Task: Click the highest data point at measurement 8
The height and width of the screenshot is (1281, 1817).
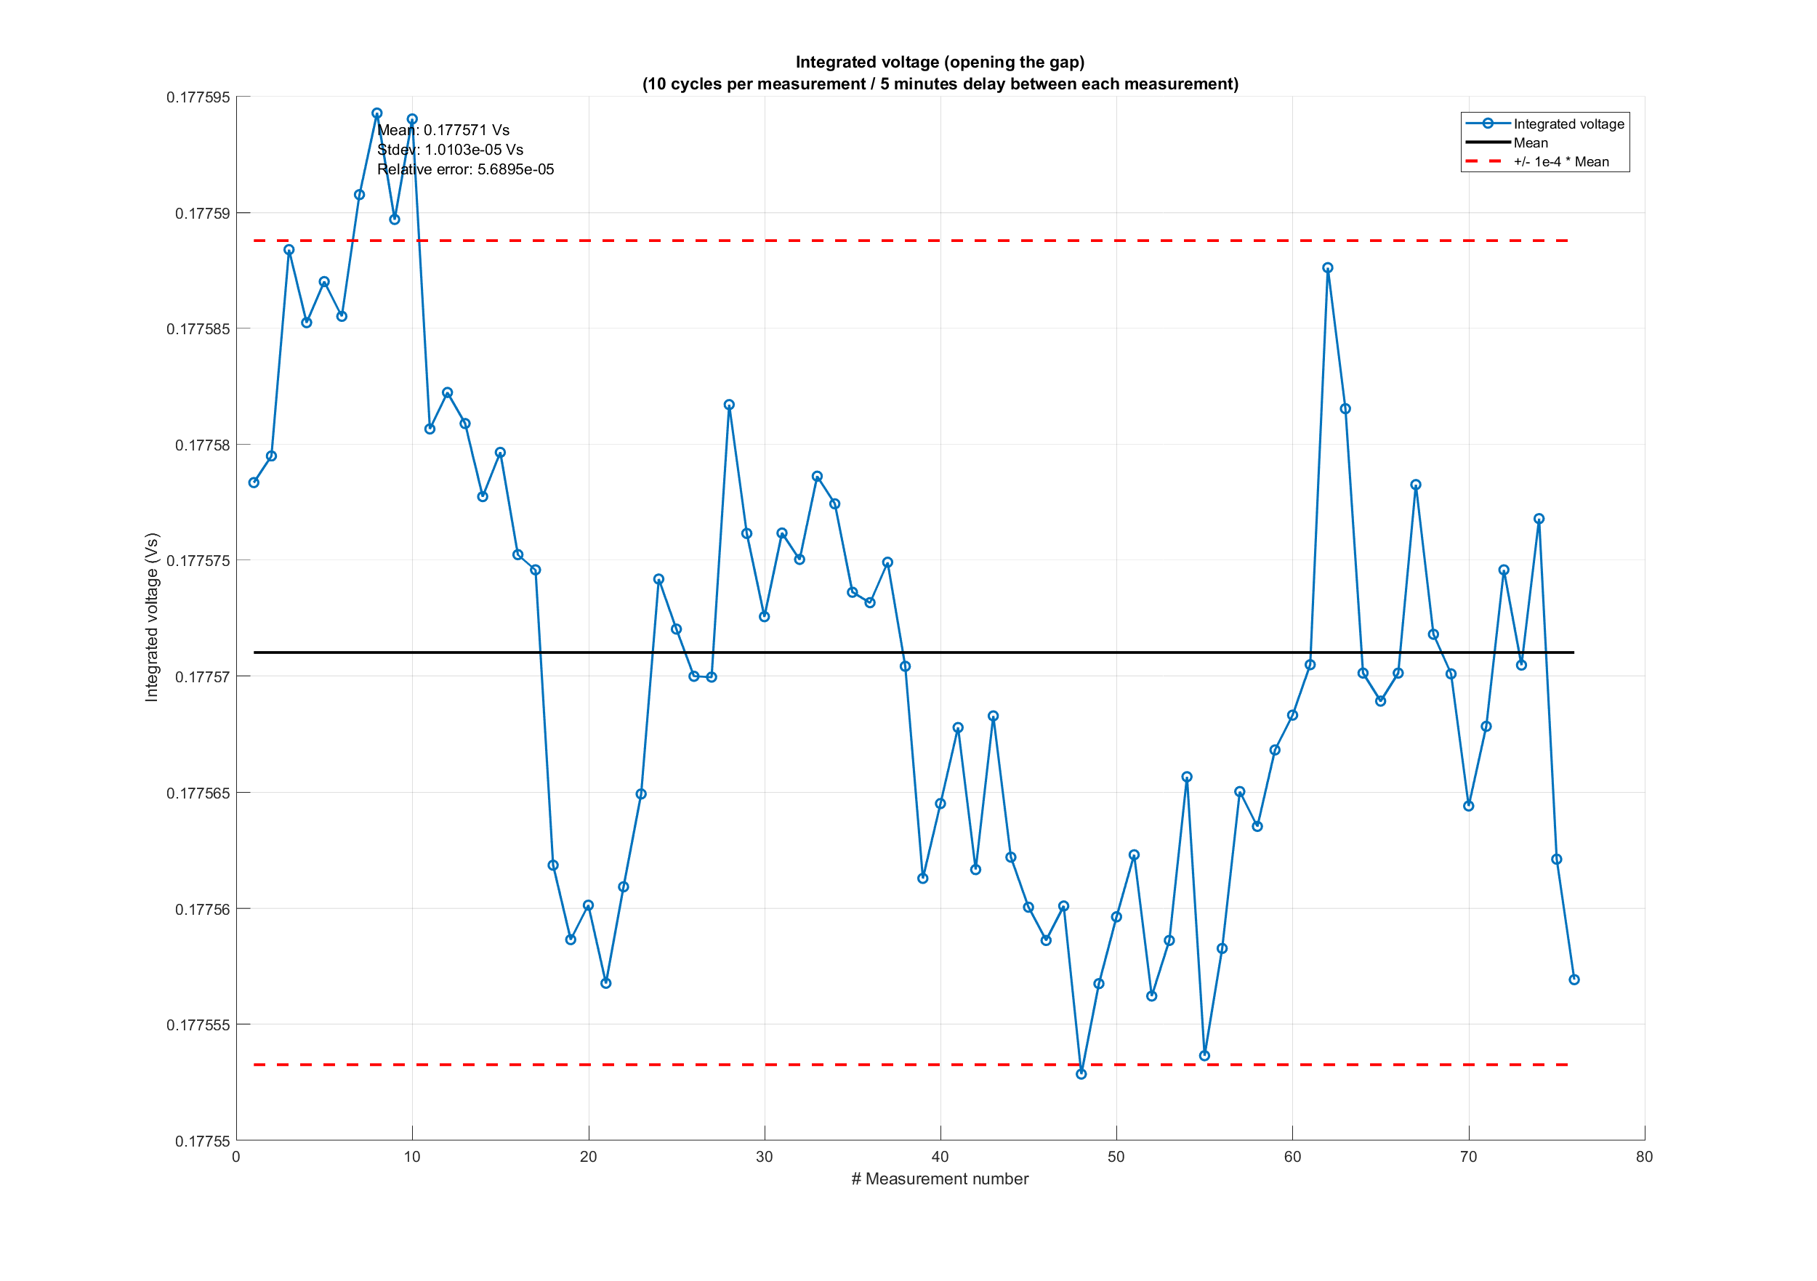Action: (376, 113)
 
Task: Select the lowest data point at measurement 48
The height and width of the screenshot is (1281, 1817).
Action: (1081, 1074)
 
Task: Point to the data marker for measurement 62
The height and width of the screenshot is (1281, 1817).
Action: (1327, 267)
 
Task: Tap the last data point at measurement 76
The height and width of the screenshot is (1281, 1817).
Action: (1574, 979)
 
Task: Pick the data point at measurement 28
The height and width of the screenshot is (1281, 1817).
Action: (729, 404)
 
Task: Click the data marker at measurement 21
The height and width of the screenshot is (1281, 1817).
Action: (605, 982)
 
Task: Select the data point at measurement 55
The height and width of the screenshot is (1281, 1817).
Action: (1204, 1056)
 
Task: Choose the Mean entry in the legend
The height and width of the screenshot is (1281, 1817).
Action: (1531, 143)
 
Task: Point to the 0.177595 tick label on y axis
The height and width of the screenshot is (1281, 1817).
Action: (198, 97)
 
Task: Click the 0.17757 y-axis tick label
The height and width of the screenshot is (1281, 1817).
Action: (202, 677)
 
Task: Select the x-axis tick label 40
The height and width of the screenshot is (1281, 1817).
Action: (940, 1157)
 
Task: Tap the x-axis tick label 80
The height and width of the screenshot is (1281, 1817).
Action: (1645, 1157)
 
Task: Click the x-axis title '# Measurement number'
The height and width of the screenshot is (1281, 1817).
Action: (940, 1179)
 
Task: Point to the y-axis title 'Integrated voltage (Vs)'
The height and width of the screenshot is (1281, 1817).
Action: (151, 617)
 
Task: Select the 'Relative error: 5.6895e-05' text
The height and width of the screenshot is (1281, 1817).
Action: (465, 169)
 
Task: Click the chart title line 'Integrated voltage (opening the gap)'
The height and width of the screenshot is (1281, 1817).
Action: (940, 62)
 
